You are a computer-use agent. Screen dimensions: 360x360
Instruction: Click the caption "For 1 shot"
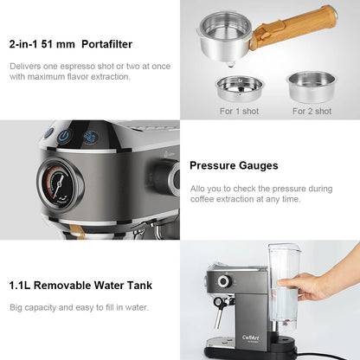(x=238, y=111)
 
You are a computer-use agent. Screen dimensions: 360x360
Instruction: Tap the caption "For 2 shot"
(x=312, y=111)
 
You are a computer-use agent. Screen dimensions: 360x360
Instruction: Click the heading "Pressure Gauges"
(x=234, y=165)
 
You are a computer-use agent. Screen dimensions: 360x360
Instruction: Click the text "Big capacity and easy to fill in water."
(x=79, y=307)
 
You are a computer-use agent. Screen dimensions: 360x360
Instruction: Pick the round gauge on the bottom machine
(x=223, y=281)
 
